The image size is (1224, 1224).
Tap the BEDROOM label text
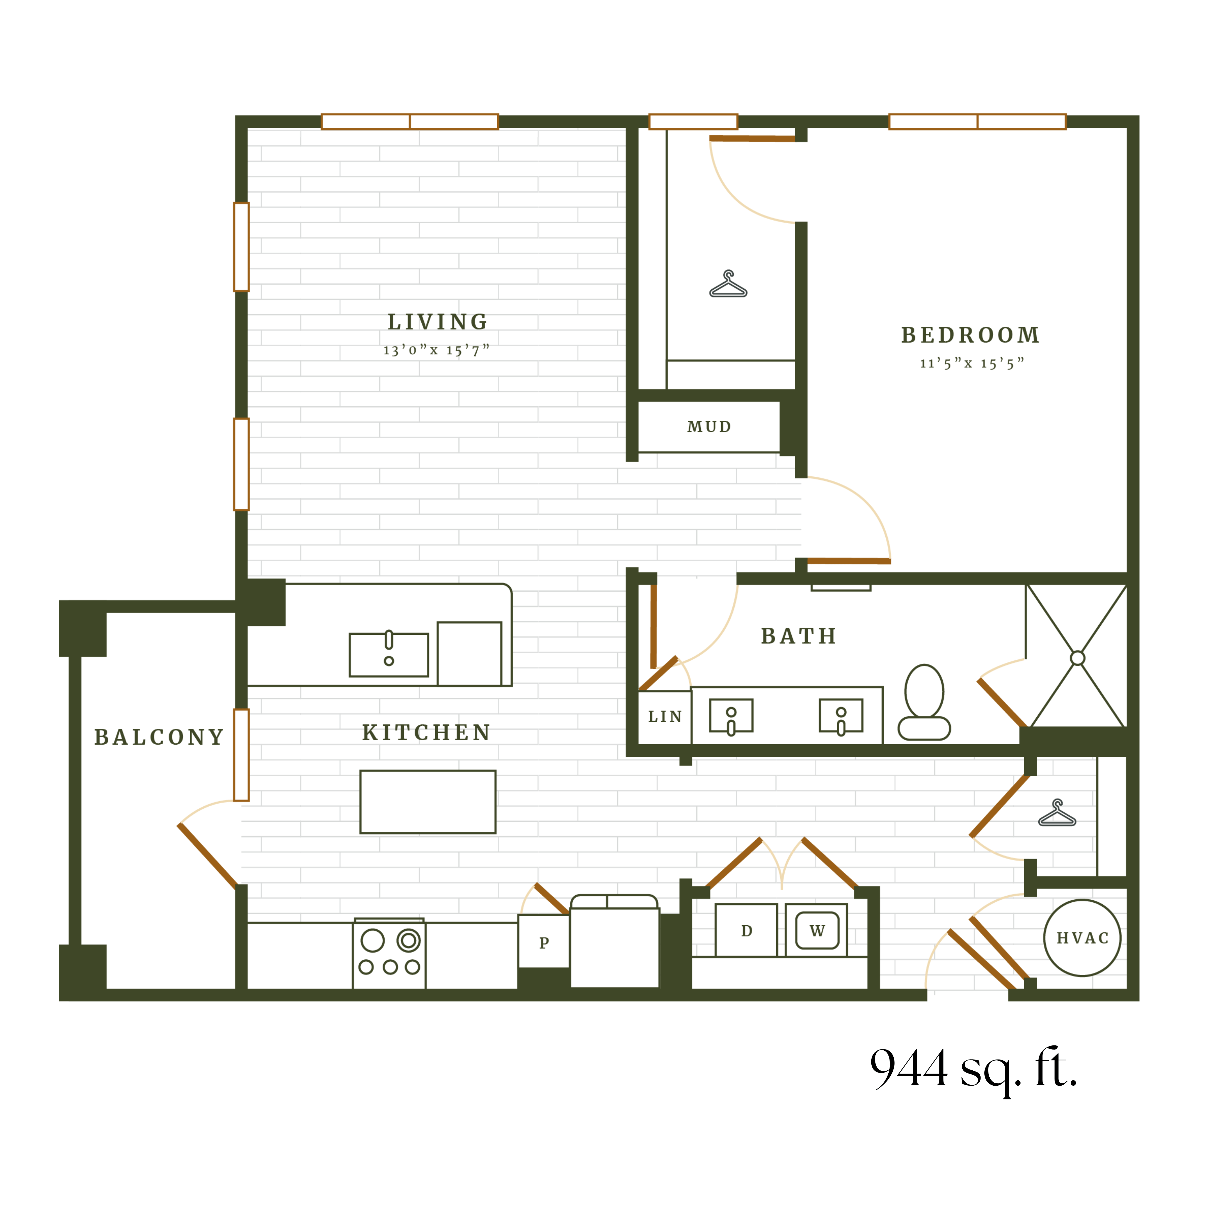(970, 335)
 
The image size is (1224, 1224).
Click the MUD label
(709, 427)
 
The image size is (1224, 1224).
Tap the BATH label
(798, 636)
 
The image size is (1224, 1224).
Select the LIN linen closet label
(665, 716)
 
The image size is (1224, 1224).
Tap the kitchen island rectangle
(428, 801)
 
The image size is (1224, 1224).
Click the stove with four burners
(389, 953)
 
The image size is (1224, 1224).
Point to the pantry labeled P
(544, 943)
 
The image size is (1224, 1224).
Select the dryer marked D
(746, 931)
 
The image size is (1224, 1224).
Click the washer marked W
(817, 931)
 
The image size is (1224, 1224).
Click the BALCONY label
(159, 737)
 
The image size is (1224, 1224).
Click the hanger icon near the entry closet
(1057, 813)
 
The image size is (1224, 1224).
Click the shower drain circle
(1077, 658)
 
